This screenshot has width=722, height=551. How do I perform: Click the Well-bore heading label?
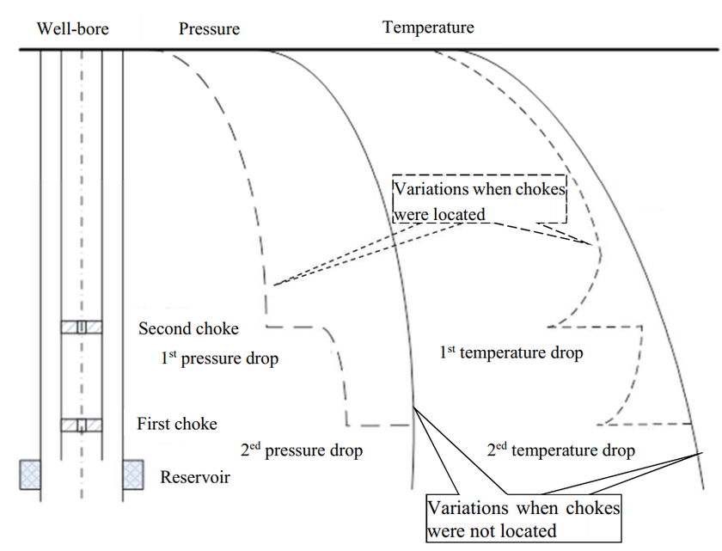click(x=72, y=28)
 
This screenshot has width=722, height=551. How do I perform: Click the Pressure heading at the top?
click(x=209, y=28)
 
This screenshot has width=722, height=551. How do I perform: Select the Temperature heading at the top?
click(x=428, y=27)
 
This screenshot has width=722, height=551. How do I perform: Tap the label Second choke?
click(x=188, y=328)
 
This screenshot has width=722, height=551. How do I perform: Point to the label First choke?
click(x=177, y=424)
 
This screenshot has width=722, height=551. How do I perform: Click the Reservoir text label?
click(x=195, y=476)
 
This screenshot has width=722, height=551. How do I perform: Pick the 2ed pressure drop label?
click(x=302, y=450)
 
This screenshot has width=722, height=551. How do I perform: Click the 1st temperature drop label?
click(x=511, y=352)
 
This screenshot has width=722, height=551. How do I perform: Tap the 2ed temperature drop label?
click(x=561, y=450)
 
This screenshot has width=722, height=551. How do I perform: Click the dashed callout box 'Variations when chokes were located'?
click(x=480, y=200)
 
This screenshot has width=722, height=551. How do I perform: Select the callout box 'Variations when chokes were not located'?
click(x=523, y=518)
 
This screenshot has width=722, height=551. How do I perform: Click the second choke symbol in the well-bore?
click(x=82, y=327)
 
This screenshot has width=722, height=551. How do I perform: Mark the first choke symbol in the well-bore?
click(x=82, y=425)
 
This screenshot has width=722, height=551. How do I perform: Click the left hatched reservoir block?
click(x=31, y=474)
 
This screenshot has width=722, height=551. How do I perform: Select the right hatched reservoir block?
click(x=132, y=474)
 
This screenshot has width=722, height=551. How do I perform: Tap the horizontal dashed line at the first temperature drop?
click(x=595, y=327)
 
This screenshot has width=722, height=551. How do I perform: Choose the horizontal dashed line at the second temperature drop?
click(x=646, y=423)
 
